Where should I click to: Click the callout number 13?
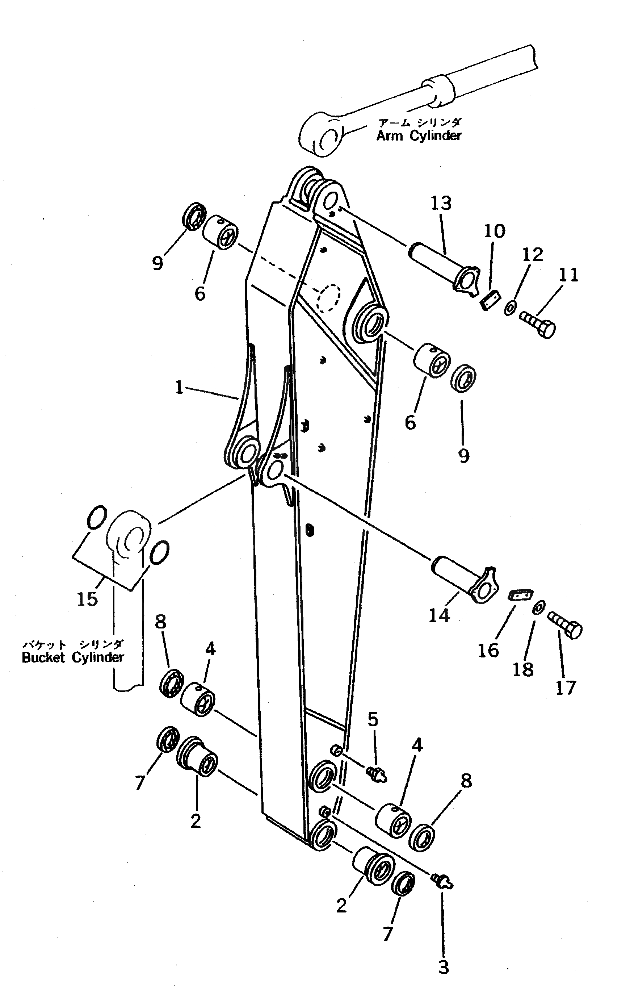[441, 204]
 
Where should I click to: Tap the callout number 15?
[88, 599]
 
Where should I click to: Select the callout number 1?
[179, 387]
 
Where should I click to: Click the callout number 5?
[373, 719]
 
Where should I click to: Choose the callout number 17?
[565, 688]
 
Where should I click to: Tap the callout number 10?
[495, 231]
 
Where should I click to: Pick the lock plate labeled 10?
[490, 298]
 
